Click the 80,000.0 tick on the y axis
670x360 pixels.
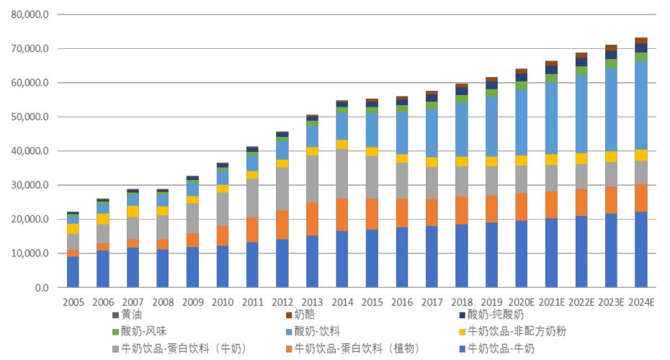point(30,14)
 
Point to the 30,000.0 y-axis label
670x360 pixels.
point(30,185)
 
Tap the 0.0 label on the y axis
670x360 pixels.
point(42,288)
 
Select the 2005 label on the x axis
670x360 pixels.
point(73,302)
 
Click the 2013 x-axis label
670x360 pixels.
point(313,302)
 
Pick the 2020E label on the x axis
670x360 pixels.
point(522,302)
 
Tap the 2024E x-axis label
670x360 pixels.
point(641,302)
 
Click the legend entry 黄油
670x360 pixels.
point(127,315)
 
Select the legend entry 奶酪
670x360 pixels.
point(300,315)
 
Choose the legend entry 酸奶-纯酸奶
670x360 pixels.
point(491,315)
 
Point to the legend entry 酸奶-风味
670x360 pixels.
point(139,331)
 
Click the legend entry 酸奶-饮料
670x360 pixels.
point(313,331)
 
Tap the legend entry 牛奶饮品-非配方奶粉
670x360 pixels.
point(513,331)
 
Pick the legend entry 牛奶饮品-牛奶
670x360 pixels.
point(496,348)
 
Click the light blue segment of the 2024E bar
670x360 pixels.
point(641,106)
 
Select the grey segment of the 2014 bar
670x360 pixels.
point(341,174)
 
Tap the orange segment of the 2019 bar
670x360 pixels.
point(491,209)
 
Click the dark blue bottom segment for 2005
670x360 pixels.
point(73,271)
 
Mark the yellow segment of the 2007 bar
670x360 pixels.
point(133,212)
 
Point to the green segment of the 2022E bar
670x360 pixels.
point(581,71)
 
